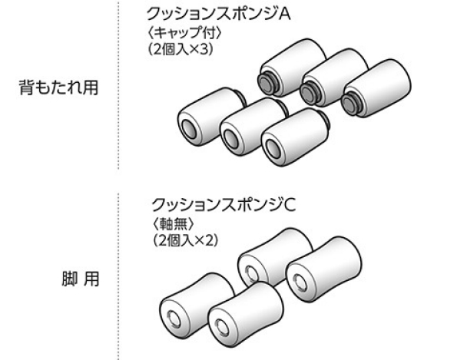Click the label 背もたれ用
[x=58, y=87]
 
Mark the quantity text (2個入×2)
[x=185, y=239]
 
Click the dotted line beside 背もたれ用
[x=118, y=84]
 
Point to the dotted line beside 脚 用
[x=118, y=276]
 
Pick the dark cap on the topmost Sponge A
[x=267, y=81]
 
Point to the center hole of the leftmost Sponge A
[x=188, y=125]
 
